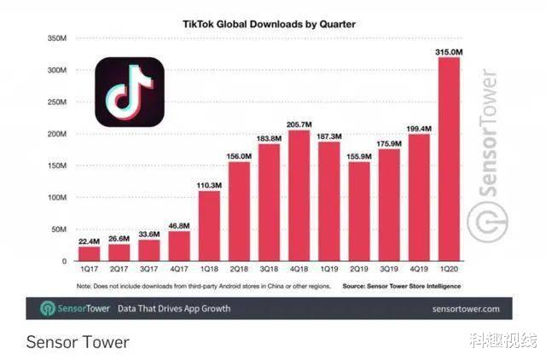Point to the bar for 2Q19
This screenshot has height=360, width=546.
[x=358, y=213]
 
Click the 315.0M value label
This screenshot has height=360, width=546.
[x=450, y=52]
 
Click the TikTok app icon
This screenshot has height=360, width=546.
[x=129, y=91]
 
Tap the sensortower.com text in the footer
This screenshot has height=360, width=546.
[x=466, y=308]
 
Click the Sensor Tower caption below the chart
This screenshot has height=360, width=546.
[x=78, y=342]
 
